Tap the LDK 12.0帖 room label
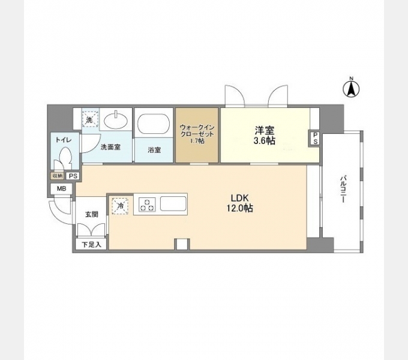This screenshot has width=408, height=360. click(241, 203)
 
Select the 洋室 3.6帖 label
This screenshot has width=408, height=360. click(265, 135)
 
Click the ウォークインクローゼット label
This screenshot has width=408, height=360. click(197, 134)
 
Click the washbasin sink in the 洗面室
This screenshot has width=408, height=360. click(116, 121)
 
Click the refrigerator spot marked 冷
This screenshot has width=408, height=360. click(120, 206)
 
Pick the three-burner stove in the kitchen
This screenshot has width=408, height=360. click(147, 204)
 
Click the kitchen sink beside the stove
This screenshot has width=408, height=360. click(173, 203)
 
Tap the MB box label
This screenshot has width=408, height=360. click(61, 188)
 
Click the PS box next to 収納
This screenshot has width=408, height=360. click(73, 176)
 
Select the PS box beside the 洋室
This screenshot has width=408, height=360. click(315, 139)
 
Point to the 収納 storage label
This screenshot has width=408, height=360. click(58, 176)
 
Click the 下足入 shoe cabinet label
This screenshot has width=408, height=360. click(91, 245)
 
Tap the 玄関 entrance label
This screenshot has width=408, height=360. click(92, 215)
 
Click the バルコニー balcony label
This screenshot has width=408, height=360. click(343, 189)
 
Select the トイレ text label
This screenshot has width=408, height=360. click(63, 140)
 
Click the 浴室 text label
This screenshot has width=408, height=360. click(154, 150)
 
